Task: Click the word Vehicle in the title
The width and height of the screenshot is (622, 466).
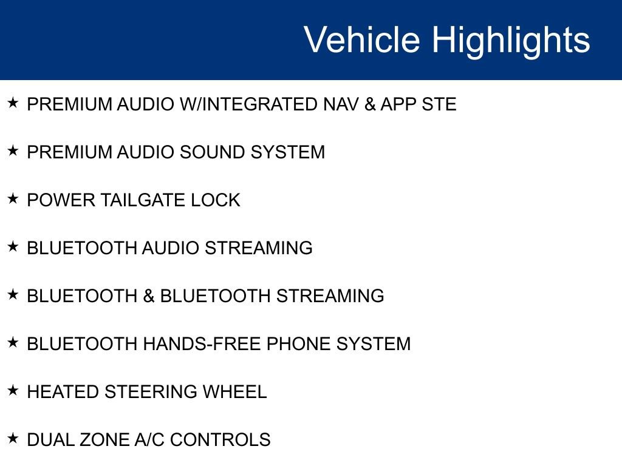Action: tap(362, 39)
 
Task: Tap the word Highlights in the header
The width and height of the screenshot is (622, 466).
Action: tap(511, 41)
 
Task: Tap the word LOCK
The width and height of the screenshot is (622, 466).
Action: tap(216, 200)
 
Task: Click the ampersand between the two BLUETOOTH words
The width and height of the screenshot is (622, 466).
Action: tap(149, 296)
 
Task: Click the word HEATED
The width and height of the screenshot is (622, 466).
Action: tap(63, 392)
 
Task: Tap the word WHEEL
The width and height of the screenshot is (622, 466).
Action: tap(234, 392)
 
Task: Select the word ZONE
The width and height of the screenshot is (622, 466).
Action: tap(104, 440)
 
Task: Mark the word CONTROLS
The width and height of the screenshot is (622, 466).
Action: tap(220, 440)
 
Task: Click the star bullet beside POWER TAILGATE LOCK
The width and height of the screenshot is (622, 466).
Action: tap(13, 198)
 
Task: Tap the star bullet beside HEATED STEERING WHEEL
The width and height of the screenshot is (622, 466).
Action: tap(13, 390)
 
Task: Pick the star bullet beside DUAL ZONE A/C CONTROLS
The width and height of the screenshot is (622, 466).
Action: tap(13, 438)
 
